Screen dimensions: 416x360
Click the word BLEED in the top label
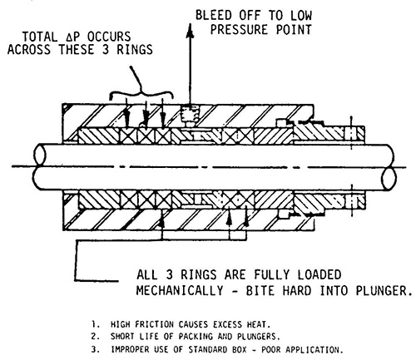pyautogui.click(x=214, y=15)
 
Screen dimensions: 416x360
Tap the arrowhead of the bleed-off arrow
pyautogui.click(x=190, y=31)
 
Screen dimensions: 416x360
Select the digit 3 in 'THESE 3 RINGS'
pyautogui.click(x=106, y=50)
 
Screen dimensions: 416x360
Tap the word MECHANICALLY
pyautogui.click(x=180, y=291)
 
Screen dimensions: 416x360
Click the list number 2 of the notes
pyautogui.click(x=95, y=337)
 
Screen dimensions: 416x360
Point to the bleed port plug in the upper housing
pyautogui.click(x=190, y=116)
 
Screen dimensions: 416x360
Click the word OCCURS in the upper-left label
pyautogui.click(x=109, y=37)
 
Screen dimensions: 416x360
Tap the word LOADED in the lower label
pyautogui.click(x=319, y=275)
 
